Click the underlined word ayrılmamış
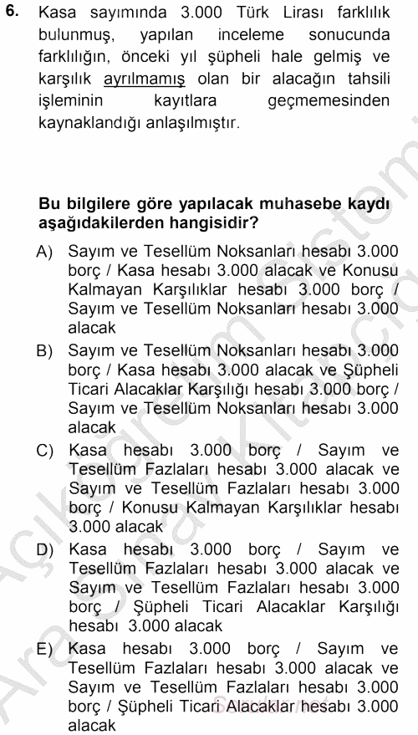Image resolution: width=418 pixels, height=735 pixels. [145, 81]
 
